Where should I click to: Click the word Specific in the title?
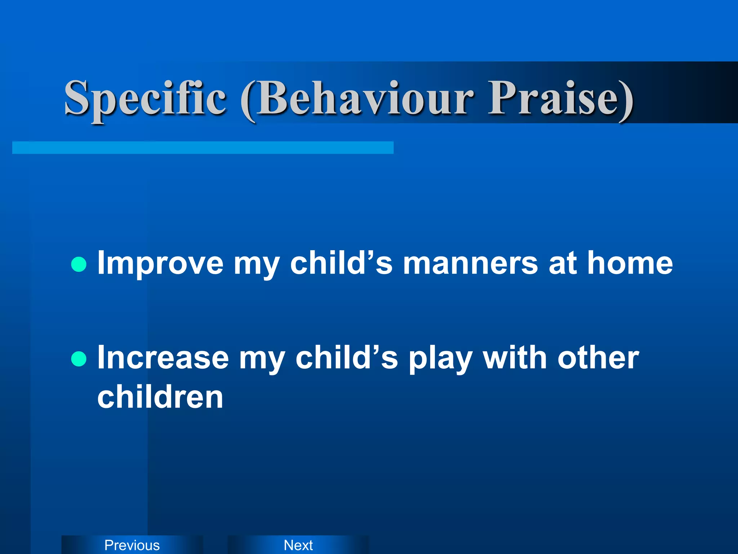145,98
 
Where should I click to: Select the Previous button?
132,545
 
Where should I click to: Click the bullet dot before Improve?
79,264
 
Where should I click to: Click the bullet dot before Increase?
79,359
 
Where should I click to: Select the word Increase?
163,358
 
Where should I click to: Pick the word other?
598,358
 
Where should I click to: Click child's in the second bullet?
346,358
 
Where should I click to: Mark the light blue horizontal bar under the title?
203,148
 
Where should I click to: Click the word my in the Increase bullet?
262,360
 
